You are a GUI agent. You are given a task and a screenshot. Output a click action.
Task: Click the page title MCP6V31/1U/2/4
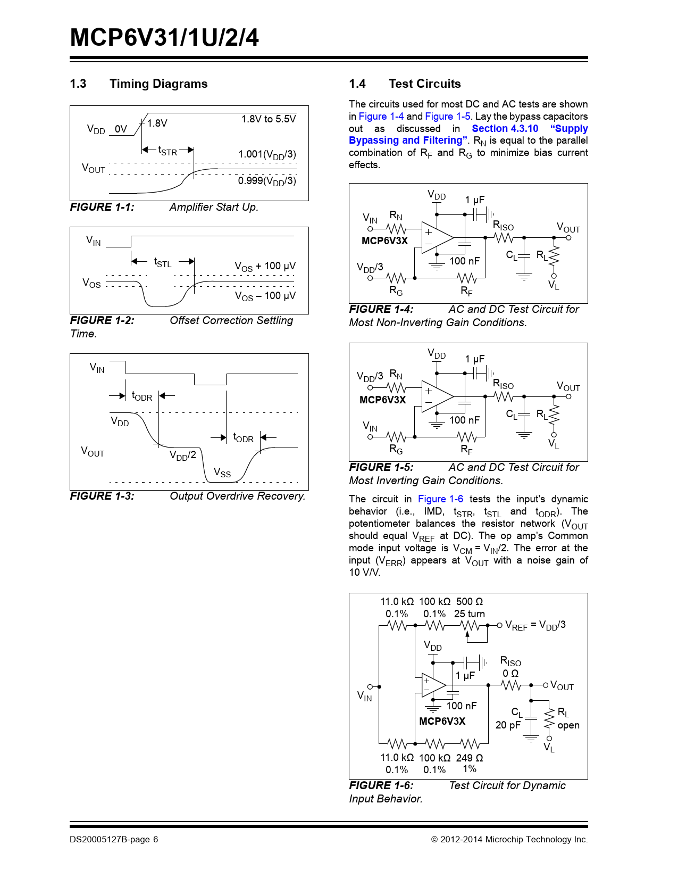(x=164, y=38)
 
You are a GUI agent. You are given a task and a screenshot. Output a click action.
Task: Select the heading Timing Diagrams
(x=158, y=84)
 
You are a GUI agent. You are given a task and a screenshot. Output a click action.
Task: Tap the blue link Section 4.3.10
(x=505, y=128)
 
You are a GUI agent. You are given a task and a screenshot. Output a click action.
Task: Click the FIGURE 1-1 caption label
(x=102, y=207)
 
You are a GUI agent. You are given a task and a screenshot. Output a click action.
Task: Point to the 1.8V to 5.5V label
(x=269, y=119)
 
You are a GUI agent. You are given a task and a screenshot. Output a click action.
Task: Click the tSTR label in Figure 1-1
(x=168, y=151)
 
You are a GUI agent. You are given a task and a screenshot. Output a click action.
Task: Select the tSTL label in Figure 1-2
(x=163, y=262)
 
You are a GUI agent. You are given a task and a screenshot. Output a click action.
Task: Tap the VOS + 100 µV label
(x=265, y=266)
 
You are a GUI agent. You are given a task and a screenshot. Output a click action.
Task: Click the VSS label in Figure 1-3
(x=222, y=473)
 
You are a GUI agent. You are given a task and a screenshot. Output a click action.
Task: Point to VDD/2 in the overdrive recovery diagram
(x=183, y=455)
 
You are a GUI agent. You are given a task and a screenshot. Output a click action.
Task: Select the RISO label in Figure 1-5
(x=503, y=384)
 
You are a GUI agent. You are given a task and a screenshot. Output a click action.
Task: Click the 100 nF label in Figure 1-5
(x=464, y=420)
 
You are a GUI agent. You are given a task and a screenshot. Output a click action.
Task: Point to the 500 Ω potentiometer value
(x=470, y=601)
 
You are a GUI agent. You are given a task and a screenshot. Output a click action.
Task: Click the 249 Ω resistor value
(x=470, y=758)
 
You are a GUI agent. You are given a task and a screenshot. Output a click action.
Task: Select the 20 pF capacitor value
(x=508, y=725)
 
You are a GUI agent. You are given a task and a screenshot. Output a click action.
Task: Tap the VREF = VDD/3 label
(x=535, y=625)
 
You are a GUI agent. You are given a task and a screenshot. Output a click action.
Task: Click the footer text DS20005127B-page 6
(x=114, y=840)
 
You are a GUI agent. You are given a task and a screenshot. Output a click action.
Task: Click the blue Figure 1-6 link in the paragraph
(x=440, y=499)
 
